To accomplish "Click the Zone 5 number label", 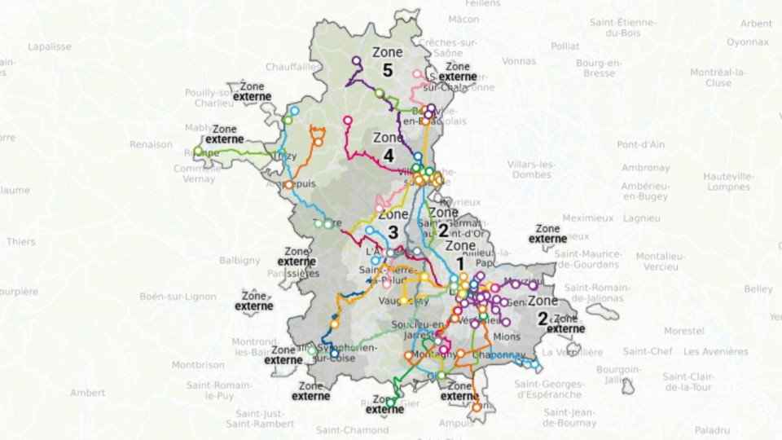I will click(x=387, y=71).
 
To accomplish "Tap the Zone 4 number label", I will click(x=388, y=155).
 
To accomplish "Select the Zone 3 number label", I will click(x=393, y=232).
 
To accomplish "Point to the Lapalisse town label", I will click(x=50, y=46).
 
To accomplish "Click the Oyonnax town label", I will click(x=748, y=41).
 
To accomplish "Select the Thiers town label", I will click(x=21, y=241).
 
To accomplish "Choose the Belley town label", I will click(x=758, y=289).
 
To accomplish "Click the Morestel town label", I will click(x=683, y=332).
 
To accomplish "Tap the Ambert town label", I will click(x=87, y=393).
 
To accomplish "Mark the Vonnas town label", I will click(x=519, y=60).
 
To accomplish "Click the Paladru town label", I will click(x=713, y=429).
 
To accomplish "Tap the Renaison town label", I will click(x=151, y=144).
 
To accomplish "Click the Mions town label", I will click(x=507, y=335).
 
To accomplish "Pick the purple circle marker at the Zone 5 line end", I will click(x=357, y=60).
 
